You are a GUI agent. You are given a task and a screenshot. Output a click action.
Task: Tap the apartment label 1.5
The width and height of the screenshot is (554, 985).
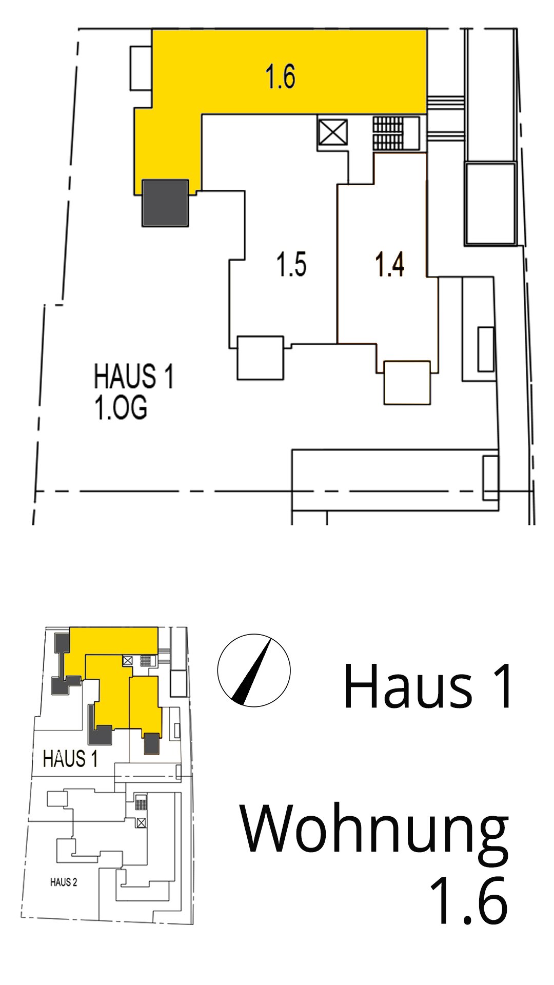291,264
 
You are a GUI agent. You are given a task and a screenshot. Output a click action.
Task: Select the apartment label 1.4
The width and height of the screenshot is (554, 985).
389,264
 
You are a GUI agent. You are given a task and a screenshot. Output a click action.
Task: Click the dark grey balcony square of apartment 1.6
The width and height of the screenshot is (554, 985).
165,203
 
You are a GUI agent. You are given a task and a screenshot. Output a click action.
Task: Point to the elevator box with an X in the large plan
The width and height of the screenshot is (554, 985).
333,133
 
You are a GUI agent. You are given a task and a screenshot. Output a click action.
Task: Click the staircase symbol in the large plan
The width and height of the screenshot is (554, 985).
388,133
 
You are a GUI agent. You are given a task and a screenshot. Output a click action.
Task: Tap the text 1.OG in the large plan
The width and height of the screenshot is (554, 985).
121,408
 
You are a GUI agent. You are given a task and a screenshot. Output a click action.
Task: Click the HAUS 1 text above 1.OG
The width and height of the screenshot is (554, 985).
134,376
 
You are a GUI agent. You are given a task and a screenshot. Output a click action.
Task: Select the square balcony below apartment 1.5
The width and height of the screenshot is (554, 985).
261,358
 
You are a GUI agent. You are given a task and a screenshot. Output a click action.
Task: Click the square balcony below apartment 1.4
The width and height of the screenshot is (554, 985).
407,383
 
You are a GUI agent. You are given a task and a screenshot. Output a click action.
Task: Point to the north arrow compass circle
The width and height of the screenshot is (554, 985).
254,671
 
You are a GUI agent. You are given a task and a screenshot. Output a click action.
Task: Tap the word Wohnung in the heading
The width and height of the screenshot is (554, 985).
374,830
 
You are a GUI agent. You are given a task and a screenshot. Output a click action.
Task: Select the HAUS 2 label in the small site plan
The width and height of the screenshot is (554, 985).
64,882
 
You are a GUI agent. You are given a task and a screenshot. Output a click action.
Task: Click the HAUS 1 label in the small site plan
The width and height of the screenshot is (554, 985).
70,759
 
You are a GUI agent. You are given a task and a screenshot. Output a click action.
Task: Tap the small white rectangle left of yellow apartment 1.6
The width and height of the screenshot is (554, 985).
141,68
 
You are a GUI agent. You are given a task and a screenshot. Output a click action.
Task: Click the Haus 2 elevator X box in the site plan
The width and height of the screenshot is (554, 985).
141,822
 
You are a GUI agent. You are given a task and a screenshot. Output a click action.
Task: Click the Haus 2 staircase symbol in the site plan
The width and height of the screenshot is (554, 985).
141,801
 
